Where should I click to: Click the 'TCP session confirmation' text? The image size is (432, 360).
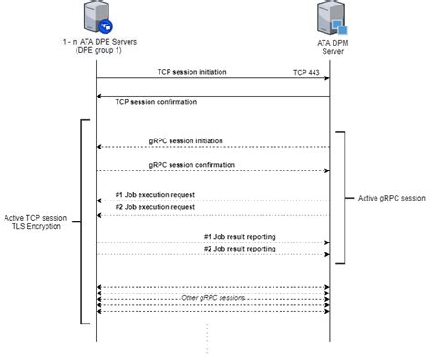point(156,102)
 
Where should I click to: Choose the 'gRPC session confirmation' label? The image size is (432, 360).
point(191,164)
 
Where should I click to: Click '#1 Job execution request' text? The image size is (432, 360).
point(156,194)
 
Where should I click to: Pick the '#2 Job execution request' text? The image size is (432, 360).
point(156,207)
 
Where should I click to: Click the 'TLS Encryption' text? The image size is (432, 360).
point(34,226)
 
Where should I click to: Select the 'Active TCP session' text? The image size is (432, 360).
point(34,217)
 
